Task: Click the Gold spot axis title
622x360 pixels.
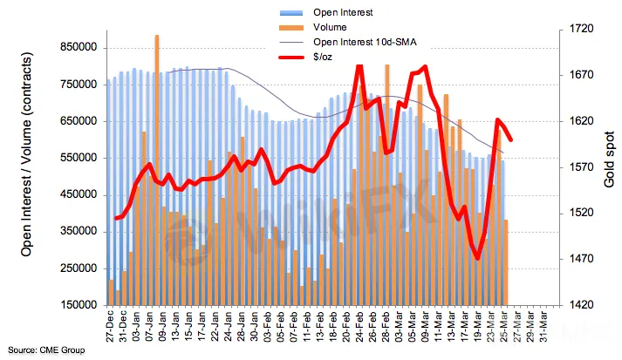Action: click(609, 166)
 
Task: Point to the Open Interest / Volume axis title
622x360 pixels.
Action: click(27, 166)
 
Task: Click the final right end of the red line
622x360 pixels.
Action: click(510, 139)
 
